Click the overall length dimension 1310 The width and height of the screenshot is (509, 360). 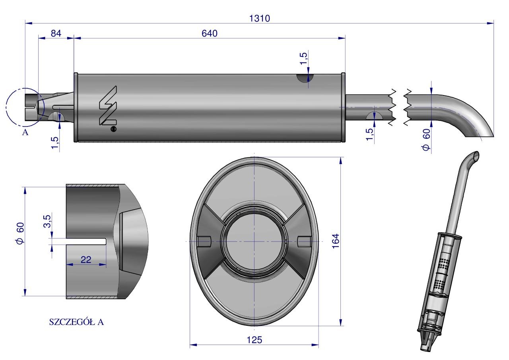point(260,18)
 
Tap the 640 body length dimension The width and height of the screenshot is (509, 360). point(209,33)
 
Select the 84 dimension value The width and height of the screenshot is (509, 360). point(56,33)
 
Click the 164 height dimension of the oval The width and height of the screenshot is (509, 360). point(336,241)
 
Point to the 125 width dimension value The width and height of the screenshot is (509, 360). point(254,340)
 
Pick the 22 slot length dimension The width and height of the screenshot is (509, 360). point(86,259)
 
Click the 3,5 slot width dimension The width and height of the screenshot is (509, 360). point(47,221)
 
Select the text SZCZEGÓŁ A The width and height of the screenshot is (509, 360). point(76,322)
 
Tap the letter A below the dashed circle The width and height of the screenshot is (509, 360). point(25,132)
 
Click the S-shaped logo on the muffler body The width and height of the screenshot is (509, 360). point(108,105)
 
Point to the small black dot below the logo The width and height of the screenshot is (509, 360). point(114,129)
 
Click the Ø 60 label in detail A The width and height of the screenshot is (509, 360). point(20,234)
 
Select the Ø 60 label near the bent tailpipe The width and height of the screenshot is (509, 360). point(426,140)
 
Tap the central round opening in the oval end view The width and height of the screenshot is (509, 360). point(254,241)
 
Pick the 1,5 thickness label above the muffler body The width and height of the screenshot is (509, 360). point(304,58)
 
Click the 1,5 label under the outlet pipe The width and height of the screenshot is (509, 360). point(370,134)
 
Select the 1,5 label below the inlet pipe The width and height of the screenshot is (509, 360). point(55,143)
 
